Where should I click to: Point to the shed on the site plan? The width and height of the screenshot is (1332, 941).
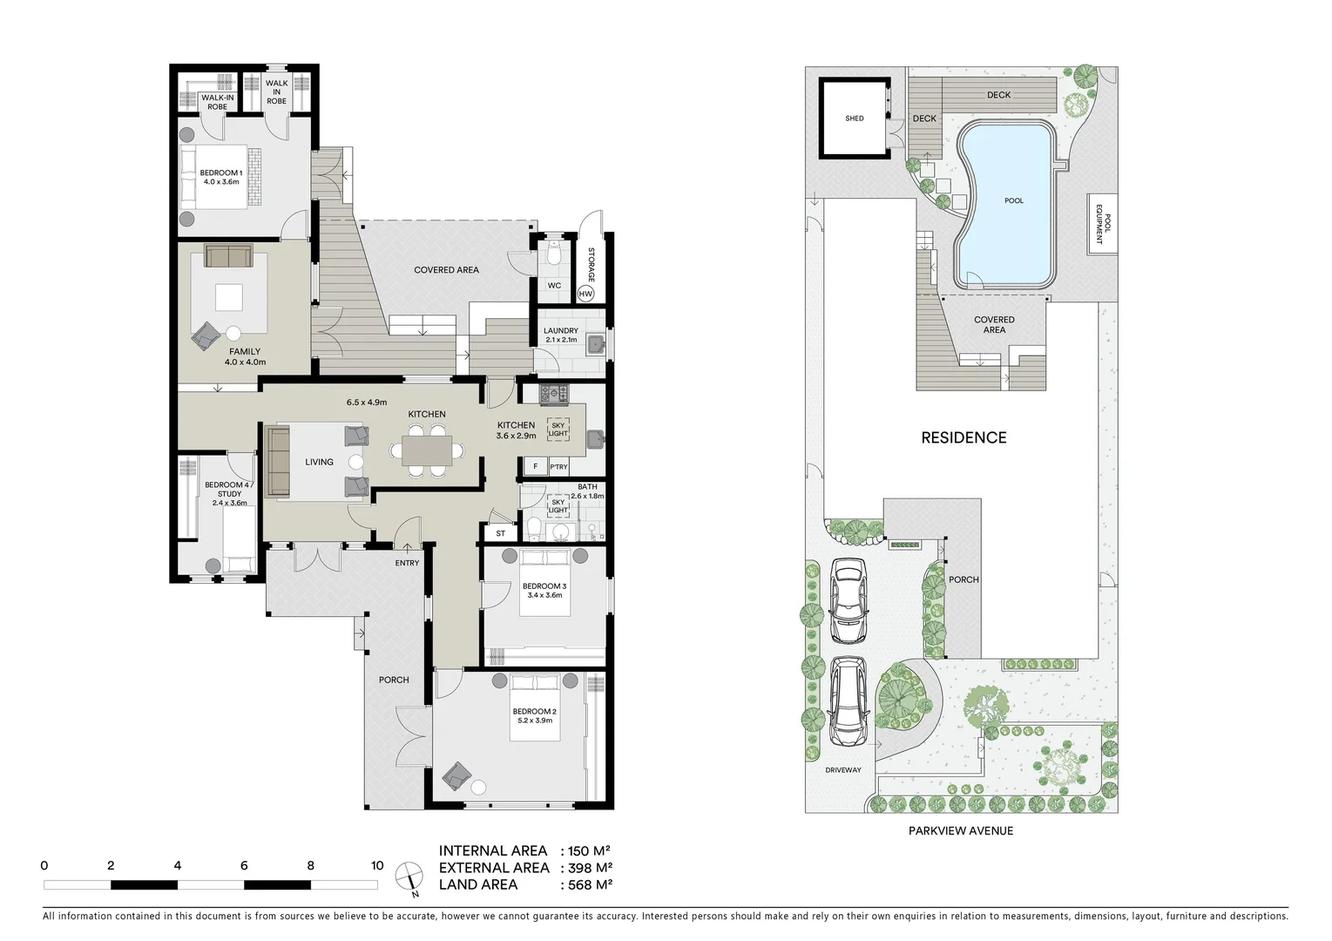coord(854,118)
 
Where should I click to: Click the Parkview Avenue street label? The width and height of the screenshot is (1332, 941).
coord(960,830)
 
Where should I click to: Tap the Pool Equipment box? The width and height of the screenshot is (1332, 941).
coord(1101,224)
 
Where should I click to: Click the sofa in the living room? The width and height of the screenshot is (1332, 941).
coord(278,462)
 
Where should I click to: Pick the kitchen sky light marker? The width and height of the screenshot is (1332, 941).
coord(558,429)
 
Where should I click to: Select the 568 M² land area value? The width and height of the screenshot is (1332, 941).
coord(589,884)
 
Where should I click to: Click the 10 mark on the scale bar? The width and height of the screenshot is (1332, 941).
coord(376,866)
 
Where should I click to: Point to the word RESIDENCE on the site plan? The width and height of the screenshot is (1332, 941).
coord(964,438)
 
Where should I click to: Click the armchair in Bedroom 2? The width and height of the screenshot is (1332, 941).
coord(456,774)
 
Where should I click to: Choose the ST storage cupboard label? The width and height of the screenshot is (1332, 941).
coord(500,533)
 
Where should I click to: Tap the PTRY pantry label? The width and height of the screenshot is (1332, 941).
coord(558,468)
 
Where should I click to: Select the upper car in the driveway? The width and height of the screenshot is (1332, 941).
coord(847,599)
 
